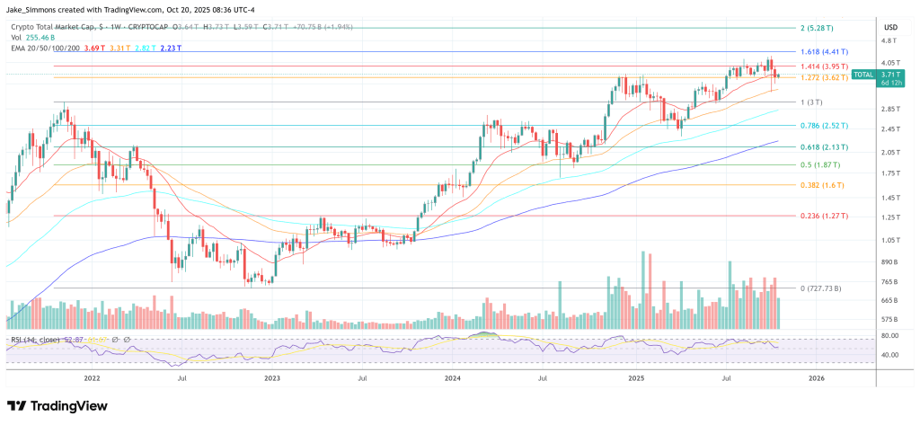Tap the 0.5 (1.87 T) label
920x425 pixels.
(818, 165)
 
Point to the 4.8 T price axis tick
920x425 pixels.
(889, 41)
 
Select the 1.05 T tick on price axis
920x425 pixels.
(889, 240)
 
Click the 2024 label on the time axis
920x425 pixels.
(454, 379)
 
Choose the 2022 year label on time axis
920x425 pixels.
(91, 379)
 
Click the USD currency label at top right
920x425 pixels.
(891, 27)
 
